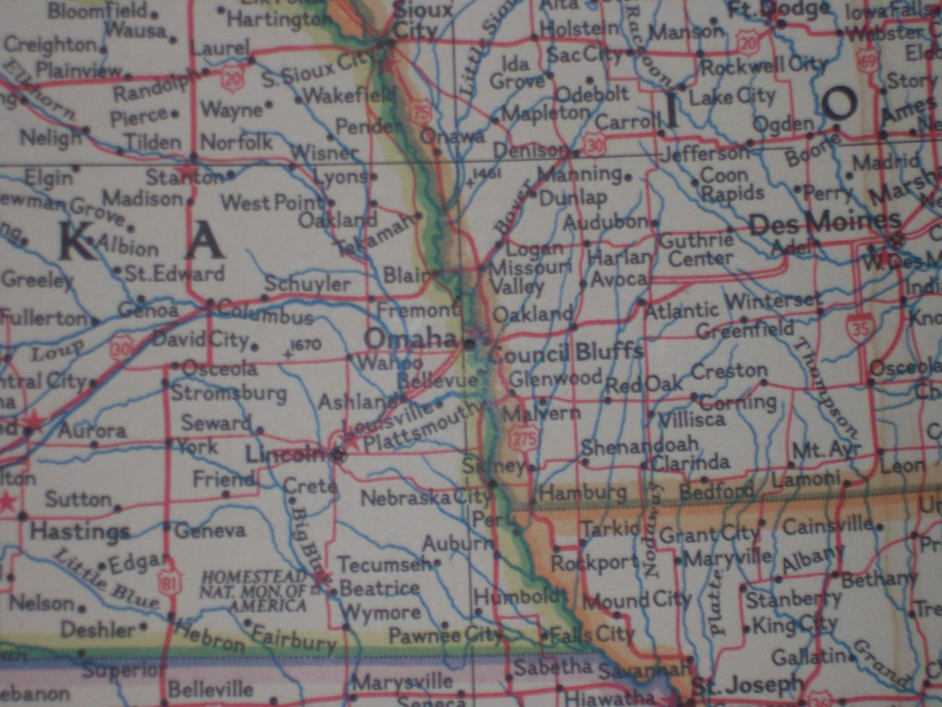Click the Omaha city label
pyautogui.click(x=409, y=339)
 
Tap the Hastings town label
pyautogui.click(x=79, y=532)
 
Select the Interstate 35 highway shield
pyautogui.click(x=860, y=326)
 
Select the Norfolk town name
pyautogui.click(x=236, y=142)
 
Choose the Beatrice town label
pyautogui.click(x=379, y=587)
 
